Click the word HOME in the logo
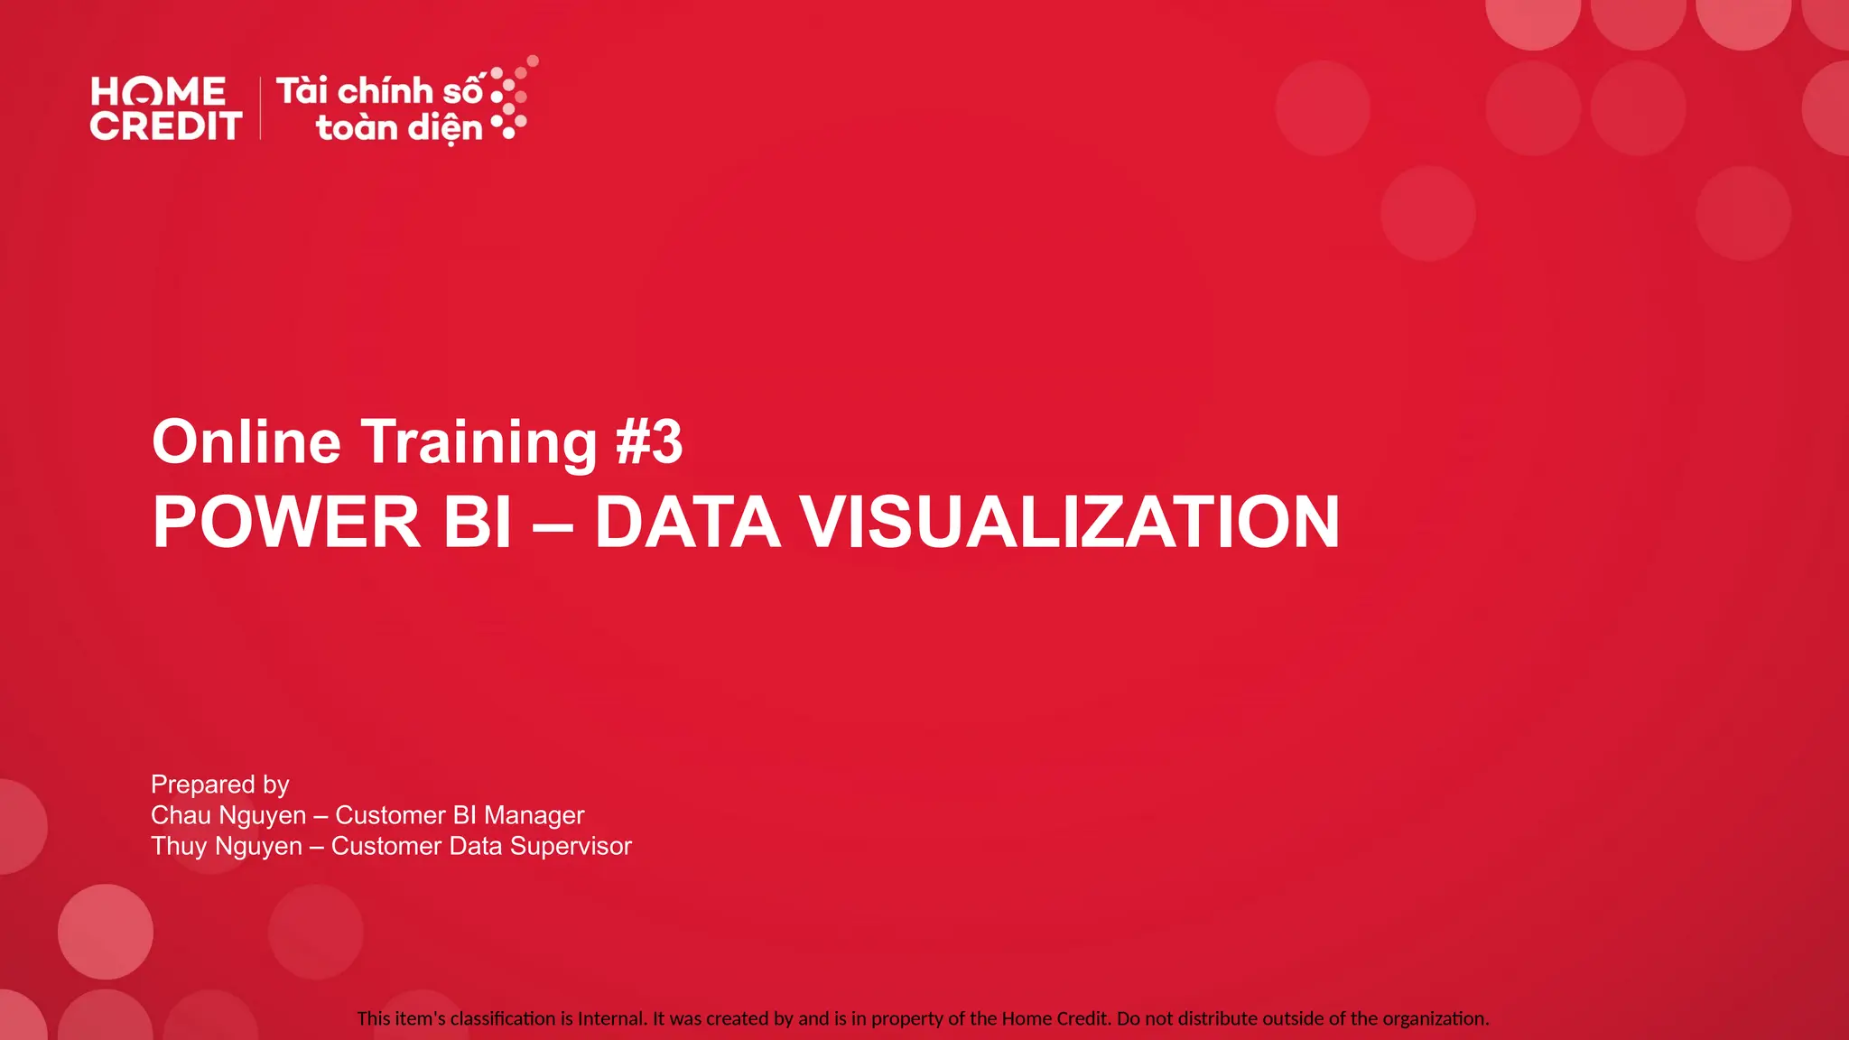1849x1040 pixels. (x=158, y=91)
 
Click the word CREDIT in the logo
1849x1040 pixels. (x=166, y=126)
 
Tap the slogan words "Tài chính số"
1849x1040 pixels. (x=380, y=91)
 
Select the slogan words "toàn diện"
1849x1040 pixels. (x=399, y=128)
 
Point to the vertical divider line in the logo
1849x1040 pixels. (x=261, y=108)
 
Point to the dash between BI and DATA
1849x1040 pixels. (x=553, y=524)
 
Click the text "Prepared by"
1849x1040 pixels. (x=220, y=785)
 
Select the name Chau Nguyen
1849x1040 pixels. (x=228, y=815)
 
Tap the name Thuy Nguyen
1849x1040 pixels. (x=227, y=846)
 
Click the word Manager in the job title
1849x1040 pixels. (x=534, y=815)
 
